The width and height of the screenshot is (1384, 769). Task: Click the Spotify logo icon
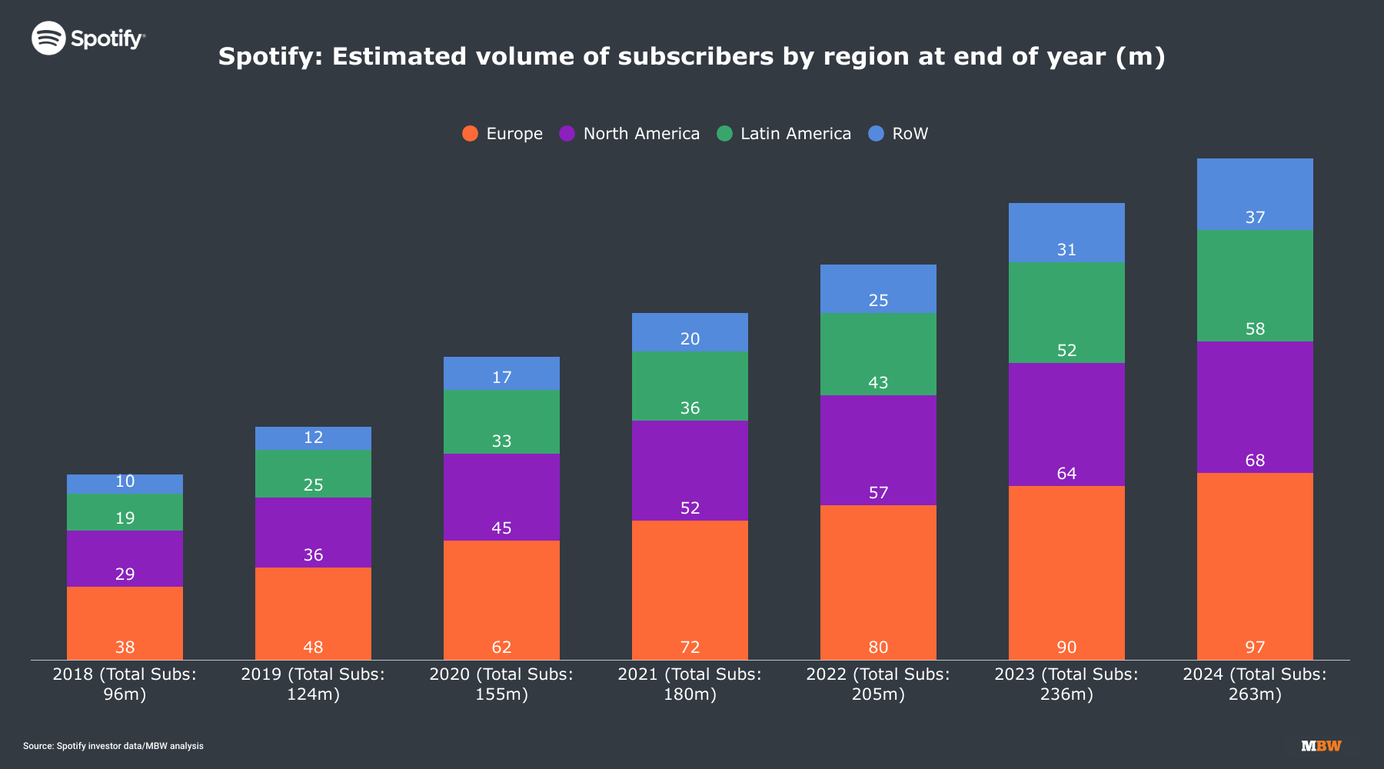tap(48, 38)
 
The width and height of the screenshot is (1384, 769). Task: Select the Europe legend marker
tap(470, 134)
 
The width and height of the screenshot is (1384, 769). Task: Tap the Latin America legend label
tap(795, 134)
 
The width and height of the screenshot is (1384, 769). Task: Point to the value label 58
tap(1255, 329)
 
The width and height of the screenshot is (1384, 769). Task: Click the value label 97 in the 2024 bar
tap(1255, 647)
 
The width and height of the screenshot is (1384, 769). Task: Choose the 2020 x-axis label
tap(501, 684)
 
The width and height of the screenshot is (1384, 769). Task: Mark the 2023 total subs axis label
tap(1066, 684)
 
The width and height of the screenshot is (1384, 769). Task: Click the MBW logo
tap(1321, 746)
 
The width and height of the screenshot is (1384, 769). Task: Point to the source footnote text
tap(113, 746)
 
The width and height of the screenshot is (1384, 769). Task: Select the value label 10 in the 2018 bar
tap(125, 481)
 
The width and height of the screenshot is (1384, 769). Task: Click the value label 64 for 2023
tap(1066, 474)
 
